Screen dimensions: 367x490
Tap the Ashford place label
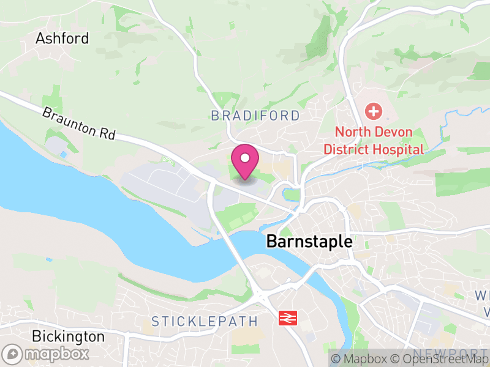tap(62, 38)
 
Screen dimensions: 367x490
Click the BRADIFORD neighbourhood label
tap(255, 116)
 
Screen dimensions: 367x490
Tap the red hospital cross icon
tap(373, 112)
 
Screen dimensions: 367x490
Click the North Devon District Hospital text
tap(373, 141)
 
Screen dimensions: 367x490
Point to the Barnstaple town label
tap(309, 242)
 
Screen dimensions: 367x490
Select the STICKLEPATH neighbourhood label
tap(205, 321)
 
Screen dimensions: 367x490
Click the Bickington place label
tap(68, 336)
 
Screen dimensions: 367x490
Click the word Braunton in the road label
tap(69, 120)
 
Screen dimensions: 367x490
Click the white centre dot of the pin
tap(245, 158)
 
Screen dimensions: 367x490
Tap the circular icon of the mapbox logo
tap(12, 354)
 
